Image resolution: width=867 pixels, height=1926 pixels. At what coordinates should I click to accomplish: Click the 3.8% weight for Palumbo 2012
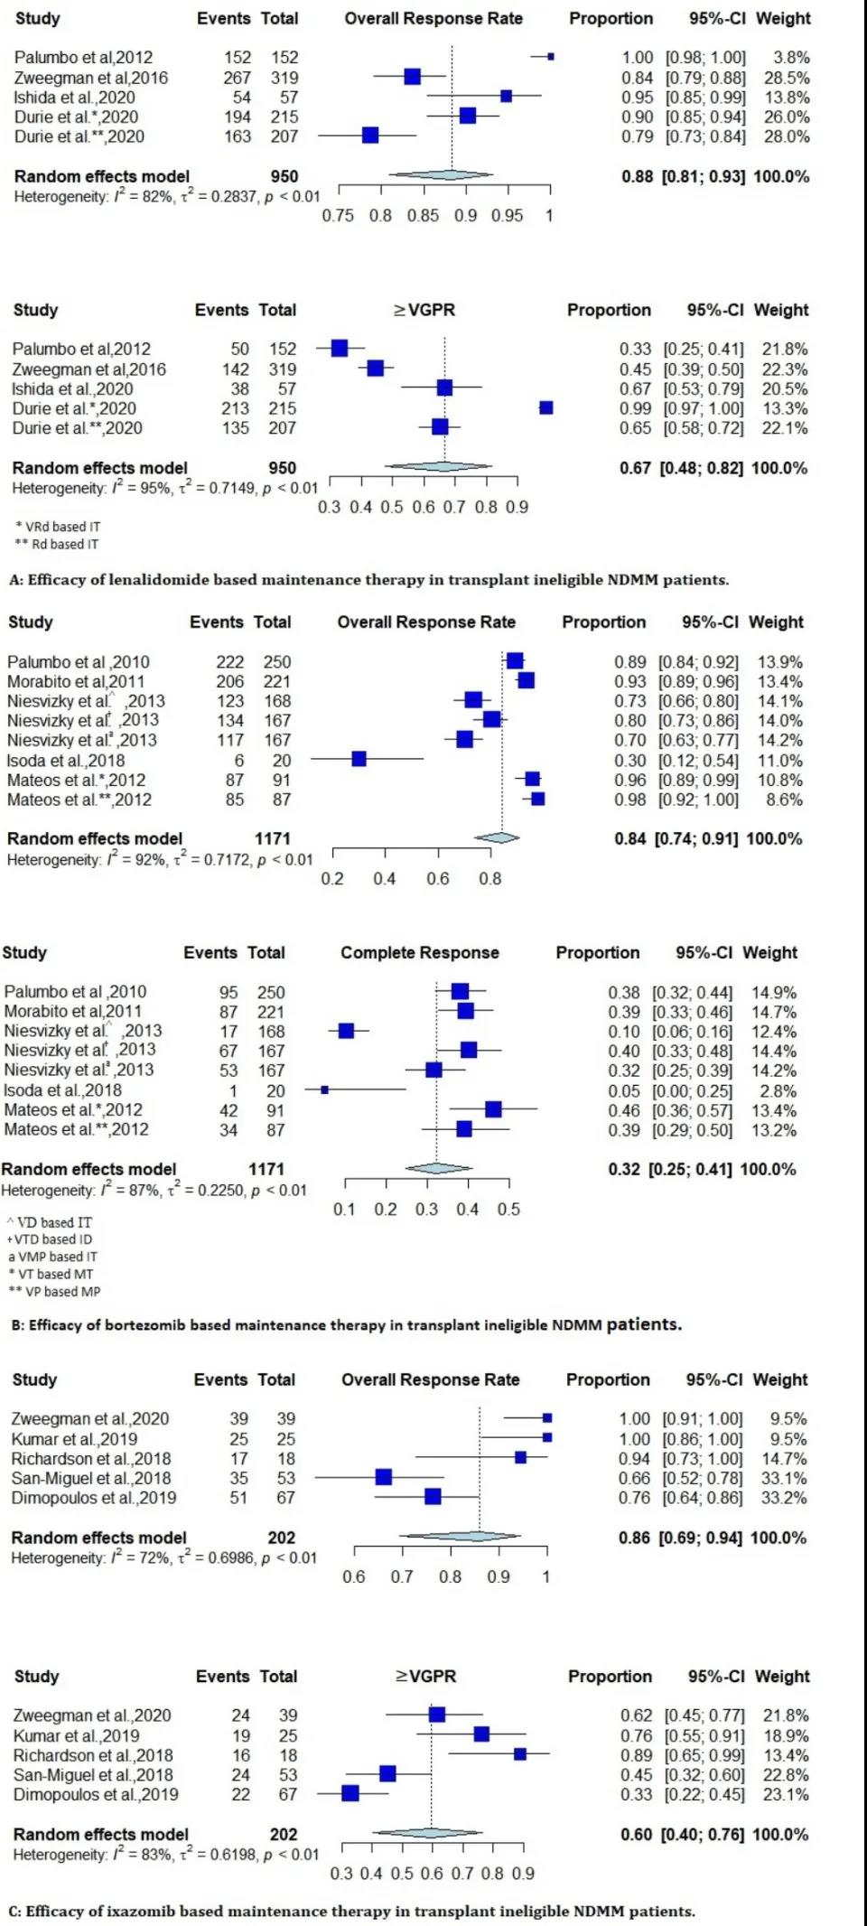point(791,57)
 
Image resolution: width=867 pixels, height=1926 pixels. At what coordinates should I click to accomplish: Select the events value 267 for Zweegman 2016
point(237,78)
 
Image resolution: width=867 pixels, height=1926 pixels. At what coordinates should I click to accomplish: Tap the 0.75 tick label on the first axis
point(338,216)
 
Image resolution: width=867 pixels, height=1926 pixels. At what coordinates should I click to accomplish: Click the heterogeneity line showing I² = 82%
point(166,196)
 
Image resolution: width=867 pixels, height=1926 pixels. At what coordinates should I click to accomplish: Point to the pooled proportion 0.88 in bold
point(637,176)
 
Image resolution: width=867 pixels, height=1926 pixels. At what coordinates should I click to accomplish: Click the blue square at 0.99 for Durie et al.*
point(545,408)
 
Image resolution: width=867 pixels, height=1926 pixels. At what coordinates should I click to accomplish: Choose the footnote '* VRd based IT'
point(58,527)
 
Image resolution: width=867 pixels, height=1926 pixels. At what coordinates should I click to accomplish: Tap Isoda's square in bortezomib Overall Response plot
point(359,759)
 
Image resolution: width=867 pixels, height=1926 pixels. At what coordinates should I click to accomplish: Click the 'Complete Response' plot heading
point(419,952)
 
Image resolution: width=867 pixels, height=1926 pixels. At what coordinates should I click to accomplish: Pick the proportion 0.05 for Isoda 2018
point(623,1090)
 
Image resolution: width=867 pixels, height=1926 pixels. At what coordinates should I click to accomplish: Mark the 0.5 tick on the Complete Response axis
point(508,1210)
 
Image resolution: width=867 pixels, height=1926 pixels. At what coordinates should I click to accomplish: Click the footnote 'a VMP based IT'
point(52,1257)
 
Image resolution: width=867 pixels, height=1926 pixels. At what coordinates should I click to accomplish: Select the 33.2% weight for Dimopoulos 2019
point(784,1498)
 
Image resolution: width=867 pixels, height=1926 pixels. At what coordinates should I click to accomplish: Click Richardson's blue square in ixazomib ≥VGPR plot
point(520,1754)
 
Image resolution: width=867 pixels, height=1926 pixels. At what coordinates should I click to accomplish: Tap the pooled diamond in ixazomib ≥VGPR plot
point(432,1833)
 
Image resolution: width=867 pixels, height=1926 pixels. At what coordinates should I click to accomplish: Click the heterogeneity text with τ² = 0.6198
point(166,1855)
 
